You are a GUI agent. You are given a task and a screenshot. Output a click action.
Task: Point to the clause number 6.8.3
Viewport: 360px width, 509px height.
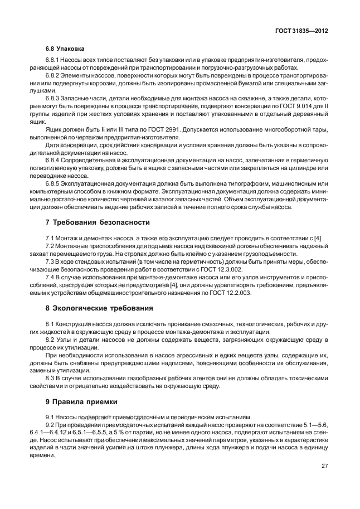point(54,98)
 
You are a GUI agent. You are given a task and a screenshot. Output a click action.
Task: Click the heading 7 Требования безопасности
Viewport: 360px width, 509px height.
point(98,222)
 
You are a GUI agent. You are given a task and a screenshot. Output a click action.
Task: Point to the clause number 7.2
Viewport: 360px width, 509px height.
point(51,246)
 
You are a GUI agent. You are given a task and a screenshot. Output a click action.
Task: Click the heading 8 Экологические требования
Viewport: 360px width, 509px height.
point(99,308)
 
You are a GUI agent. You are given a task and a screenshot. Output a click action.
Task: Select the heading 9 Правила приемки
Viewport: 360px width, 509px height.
point(81,401)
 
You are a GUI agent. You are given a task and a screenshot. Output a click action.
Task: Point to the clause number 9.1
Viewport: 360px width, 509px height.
point(51,418)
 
